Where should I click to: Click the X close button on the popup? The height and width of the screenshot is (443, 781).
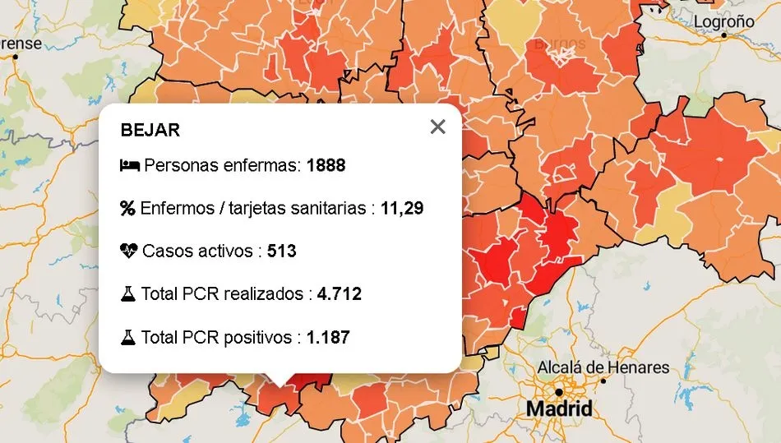point(437,127)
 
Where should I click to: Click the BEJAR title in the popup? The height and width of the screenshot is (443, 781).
point(150,130)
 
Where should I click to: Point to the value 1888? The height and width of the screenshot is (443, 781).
point(326,165)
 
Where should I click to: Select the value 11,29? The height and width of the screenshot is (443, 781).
point(402,208)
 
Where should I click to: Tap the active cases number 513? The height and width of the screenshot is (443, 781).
point(281,251)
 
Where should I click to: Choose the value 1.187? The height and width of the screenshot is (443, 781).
point(328,337)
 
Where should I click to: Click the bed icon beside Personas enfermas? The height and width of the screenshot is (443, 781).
point(129,165)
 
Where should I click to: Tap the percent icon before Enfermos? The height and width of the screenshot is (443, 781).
point(127,208)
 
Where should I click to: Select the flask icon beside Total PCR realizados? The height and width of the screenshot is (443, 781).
point(127,293)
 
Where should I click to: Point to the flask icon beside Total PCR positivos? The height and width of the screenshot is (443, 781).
point(127,337)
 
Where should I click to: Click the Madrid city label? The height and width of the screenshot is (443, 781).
point(559,408)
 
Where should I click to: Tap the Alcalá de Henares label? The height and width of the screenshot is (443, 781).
point(603,367)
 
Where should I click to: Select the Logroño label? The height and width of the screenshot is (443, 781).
point(723,21)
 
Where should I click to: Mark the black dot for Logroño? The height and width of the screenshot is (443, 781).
point(724,36)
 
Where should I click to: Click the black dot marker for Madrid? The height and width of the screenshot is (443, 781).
point(559,392)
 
